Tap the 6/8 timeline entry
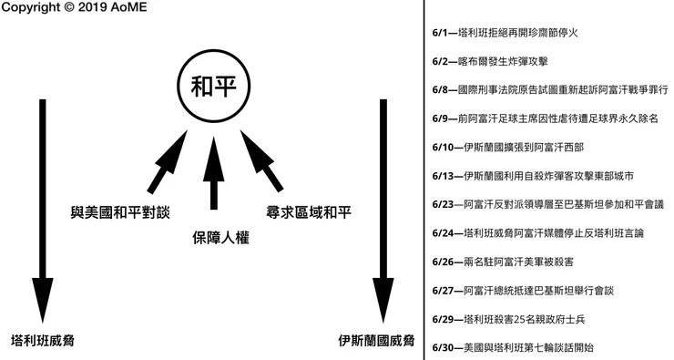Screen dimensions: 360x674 551,90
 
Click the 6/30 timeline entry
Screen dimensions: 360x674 515,347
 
